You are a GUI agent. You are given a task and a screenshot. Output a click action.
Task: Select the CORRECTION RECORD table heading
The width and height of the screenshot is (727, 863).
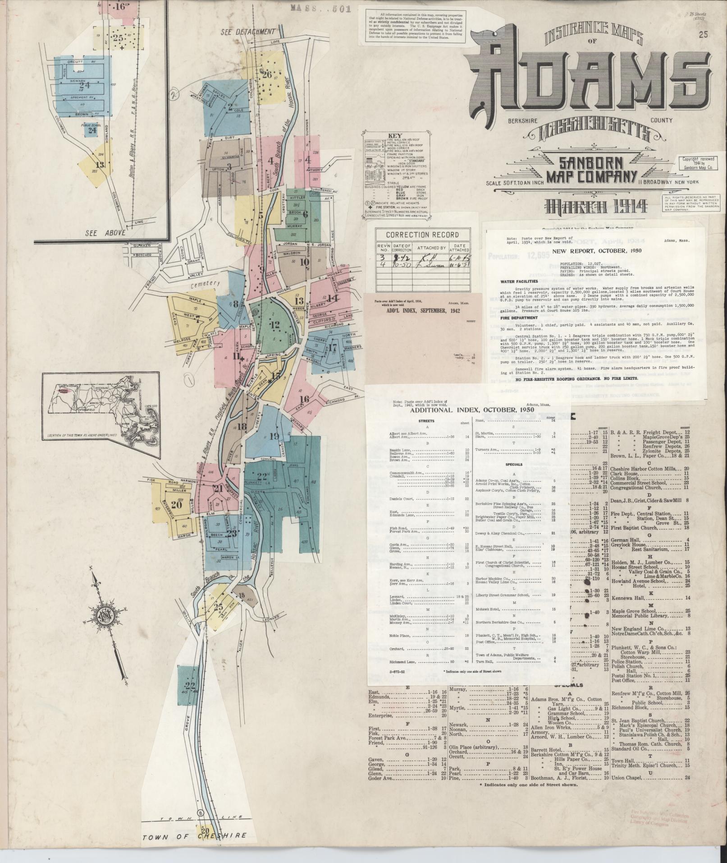click(x=422, y=235)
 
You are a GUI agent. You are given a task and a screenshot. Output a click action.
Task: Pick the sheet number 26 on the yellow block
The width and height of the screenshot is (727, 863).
click(x=267, y=74)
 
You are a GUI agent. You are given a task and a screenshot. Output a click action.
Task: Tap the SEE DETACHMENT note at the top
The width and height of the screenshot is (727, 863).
click(x=248, y=32)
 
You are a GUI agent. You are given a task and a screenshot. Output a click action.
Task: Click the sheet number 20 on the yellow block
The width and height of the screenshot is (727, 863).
click(x=176, y=505)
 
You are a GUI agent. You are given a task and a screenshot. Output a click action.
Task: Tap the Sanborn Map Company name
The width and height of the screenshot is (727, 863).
click(x=592, y=169)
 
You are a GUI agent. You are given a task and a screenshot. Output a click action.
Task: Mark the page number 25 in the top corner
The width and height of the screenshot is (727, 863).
click(x=704, y=34)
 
